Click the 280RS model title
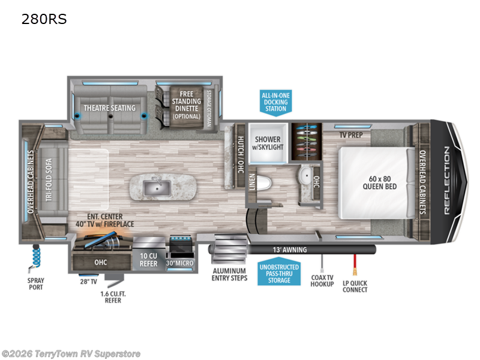click(x=44, y=19)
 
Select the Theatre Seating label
click(x=109, y=108)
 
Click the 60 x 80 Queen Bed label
click(x=377, y=182)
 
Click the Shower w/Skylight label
click(x=268, y=143)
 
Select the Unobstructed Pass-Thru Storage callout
click(x=280, y=272)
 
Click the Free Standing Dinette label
click(x=185, y=104)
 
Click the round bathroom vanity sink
click(x=304, y=178)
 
